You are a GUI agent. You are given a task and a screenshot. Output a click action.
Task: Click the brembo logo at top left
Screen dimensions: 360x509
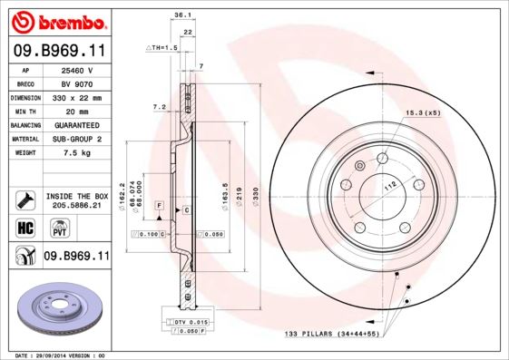coord(56,20)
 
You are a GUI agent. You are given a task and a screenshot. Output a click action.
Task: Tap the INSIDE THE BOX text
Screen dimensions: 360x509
coord(76,196)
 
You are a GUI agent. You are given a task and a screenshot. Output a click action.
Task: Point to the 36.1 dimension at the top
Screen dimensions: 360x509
coord(181,15)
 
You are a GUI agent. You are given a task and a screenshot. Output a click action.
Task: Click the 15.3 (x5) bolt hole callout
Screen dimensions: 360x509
coord(424,112)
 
